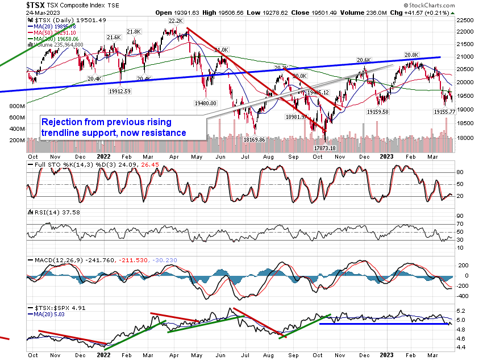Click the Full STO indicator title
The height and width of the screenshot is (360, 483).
pos(44,165)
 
